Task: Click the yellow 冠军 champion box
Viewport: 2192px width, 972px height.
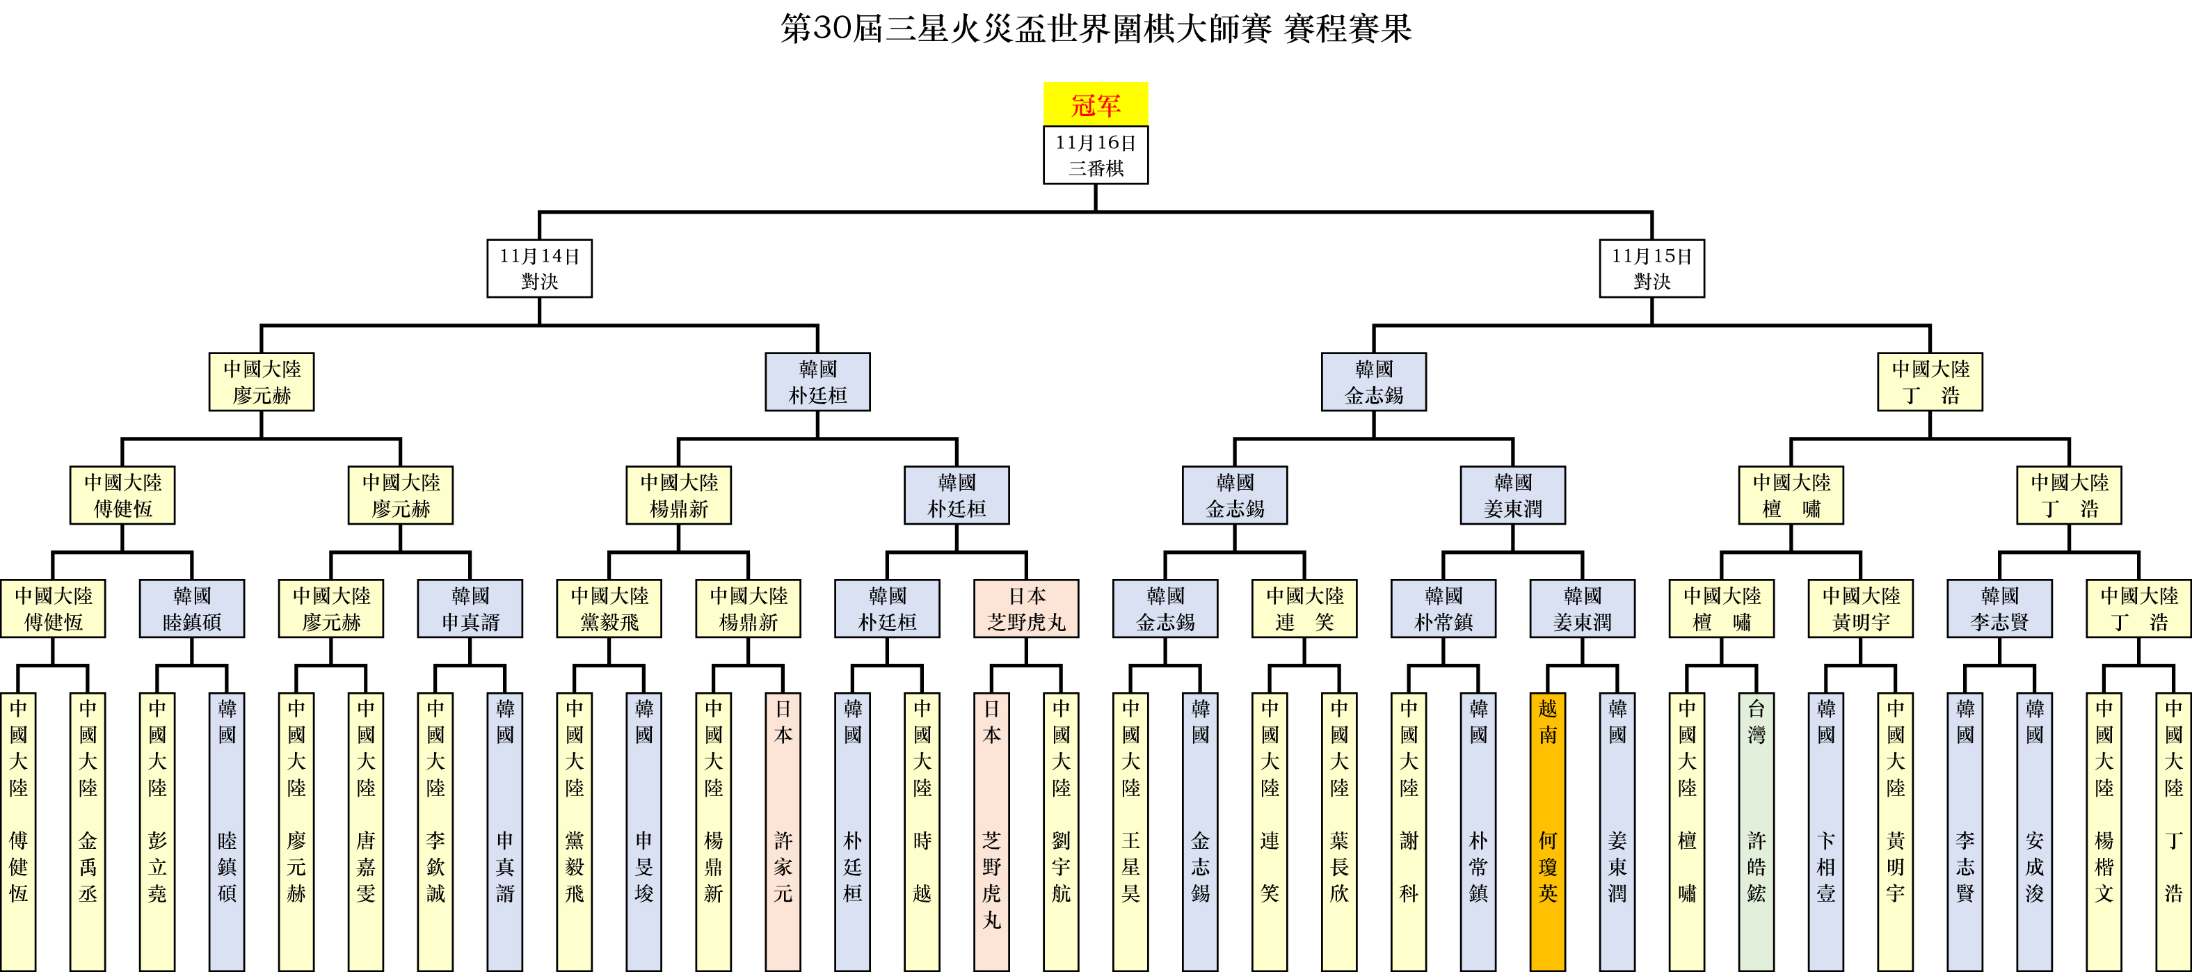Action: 1095,104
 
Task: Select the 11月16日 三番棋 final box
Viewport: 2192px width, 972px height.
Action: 1095,155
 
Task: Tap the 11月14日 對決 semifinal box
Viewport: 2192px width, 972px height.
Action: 540,268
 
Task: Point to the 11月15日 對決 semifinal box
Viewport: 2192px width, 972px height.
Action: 1651,268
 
